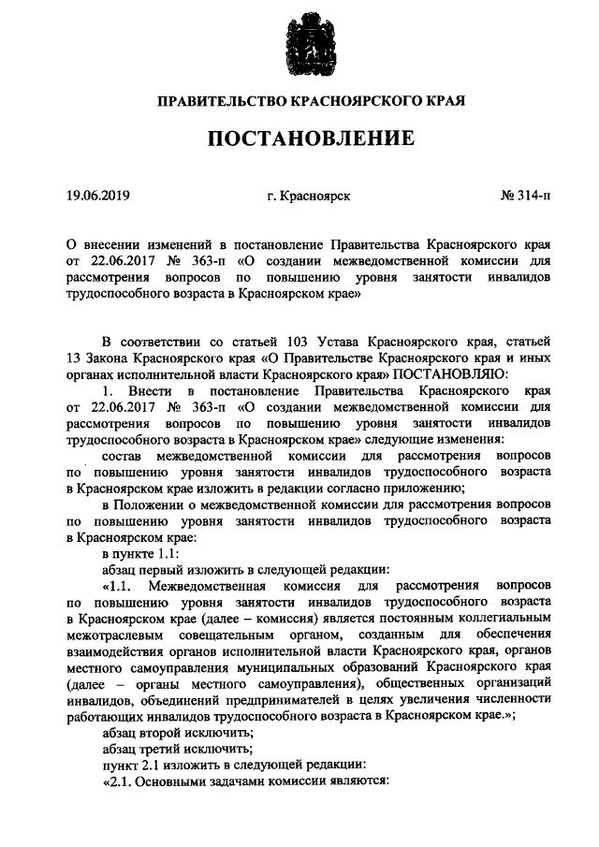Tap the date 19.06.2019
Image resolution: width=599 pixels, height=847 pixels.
click(98, 197)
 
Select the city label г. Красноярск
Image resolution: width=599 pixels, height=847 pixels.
click(308, 197)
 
